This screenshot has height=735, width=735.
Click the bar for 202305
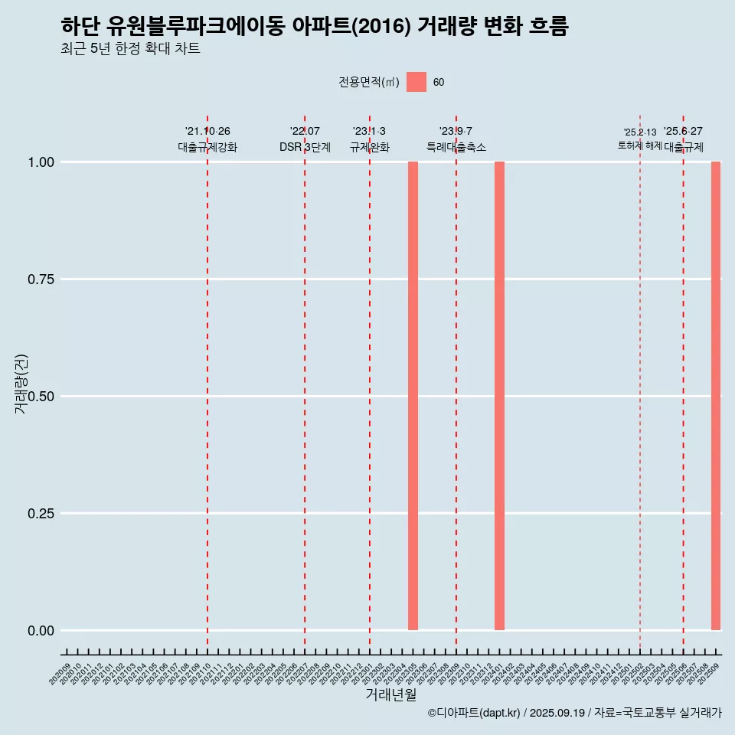click(x=413, y=396)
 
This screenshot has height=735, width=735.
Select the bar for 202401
click(x=499, y=396)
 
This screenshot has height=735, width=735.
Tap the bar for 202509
click(x=716, y=396)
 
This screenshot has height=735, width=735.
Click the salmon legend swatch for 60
click(x=416, y=82)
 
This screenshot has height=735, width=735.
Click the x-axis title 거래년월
click(x=390, y=694)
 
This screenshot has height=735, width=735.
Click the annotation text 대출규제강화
click(x=207, y=147)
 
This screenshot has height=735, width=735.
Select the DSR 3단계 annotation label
click(x=305, y=147)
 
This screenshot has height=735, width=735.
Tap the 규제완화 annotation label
click(x=370, y=147)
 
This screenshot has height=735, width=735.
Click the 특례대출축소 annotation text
click(x=456, y=147)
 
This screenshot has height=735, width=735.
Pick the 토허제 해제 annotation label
click(x=639, y=145)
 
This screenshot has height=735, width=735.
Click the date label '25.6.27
click(x=683, y=132)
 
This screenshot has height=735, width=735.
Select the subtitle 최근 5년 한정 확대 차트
click(x=130, y=49)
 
